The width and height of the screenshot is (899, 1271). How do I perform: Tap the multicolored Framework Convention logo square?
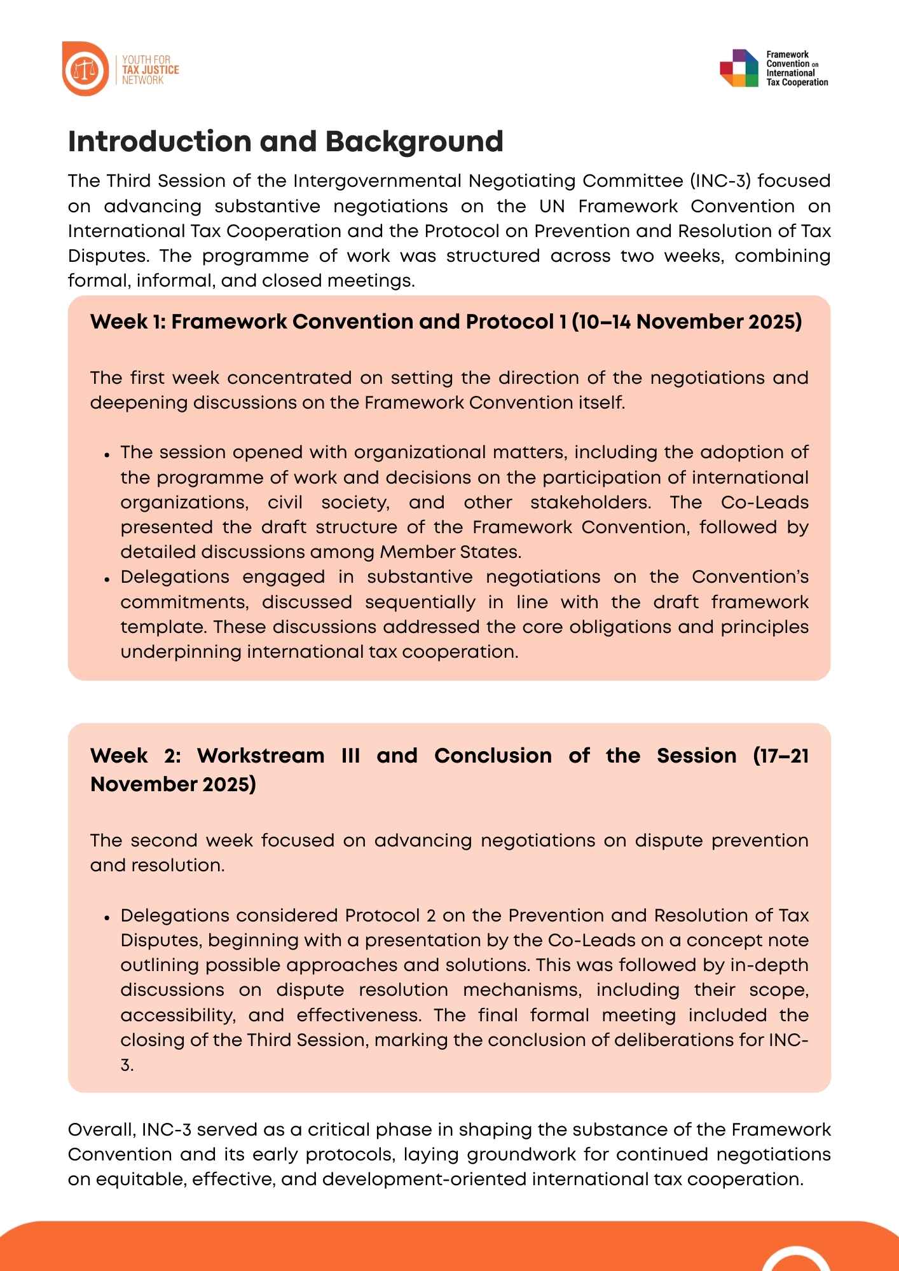click(x=739, y=69)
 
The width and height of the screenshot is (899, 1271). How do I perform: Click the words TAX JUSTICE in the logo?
click(x=150, y=70)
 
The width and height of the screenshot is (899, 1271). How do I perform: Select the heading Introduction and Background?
click(x=285, y=142)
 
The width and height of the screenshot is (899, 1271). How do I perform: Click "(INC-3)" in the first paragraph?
click(x=720, y=181)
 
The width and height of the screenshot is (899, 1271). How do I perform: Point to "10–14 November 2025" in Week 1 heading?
click(x=687, y=322)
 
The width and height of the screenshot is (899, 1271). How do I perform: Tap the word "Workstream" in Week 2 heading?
click(x=261, y=756)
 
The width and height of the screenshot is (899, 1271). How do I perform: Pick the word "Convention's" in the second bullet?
click(x=750, y=577)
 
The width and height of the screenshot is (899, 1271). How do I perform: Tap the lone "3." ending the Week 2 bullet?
click(x=127, y=1065)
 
